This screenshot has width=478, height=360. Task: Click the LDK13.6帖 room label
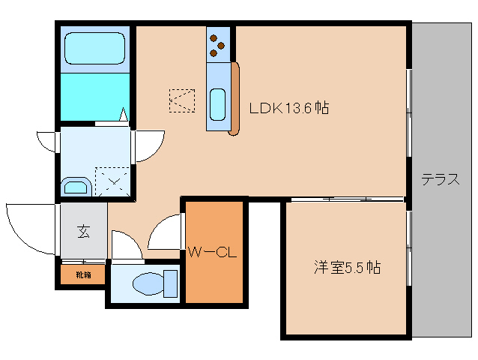click(x=288, y=108)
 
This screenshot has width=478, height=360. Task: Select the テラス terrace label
click(x=440, y=180)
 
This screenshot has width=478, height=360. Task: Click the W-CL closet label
click(x=212, y=253)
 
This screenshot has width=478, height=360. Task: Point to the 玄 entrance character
click(x=83, y=231)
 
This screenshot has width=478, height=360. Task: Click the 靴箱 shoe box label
click(x=83, y=275)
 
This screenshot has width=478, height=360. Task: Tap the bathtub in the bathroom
click(x=96, y=49)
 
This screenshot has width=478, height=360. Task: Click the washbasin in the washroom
click(x=76, y=187)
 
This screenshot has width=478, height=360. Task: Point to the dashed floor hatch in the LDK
click(x=182, y=100)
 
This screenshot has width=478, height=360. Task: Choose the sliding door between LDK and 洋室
click(x=345, y=199)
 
